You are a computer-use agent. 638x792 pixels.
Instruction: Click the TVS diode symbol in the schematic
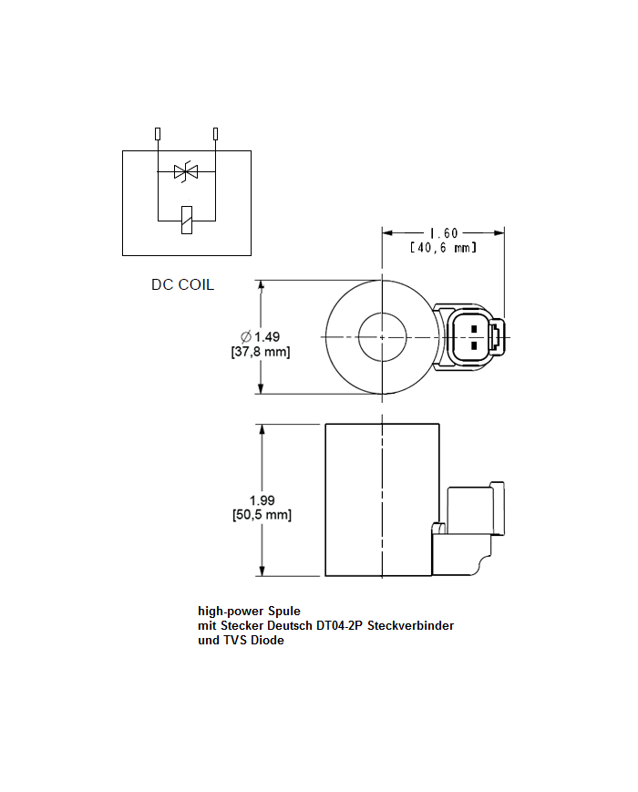pos(186,171)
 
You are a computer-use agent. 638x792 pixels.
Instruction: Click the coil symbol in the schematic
pos(187,220)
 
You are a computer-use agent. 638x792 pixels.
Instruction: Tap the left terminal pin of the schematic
pos(158,134)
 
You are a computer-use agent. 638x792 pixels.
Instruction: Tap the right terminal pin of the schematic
pos(215,134)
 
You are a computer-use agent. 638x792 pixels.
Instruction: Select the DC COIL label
pos(182,284)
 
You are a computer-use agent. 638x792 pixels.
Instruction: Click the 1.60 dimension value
pos(443,232)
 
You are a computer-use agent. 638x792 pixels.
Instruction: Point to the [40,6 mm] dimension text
pos(443,247)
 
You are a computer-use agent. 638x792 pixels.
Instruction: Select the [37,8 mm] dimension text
pos(261,352)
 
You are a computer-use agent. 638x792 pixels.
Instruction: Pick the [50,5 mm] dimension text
pos(262,515)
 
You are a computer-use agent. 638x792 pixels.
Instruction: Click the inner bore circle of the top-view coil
pos(382,337)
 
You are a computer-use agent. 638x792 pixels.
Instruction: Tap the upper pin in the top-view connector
pos(475,329)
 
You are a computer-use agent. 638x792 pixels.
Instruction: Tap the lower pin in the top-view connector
pos(475,345)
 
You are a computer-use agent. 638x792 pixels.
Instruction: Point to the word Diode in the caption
pos(265,640)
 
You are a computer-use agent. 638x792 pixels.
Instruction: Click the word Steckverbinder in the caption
pos(409,625)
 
